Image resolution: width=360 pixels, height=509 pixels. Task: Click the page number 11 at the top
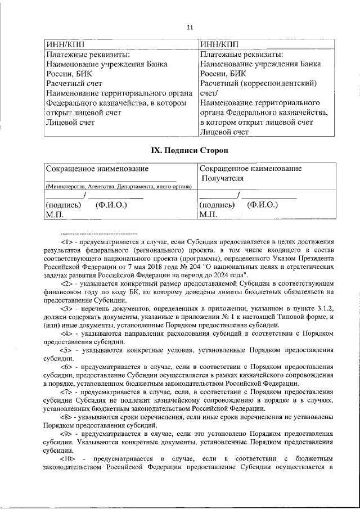coord(190,27)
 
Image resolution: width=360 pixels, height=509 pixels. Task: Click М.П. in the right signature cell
coord(208,214)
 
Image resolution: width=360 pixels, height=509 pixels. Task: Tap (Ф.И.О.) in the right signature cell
coord(263,205)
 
